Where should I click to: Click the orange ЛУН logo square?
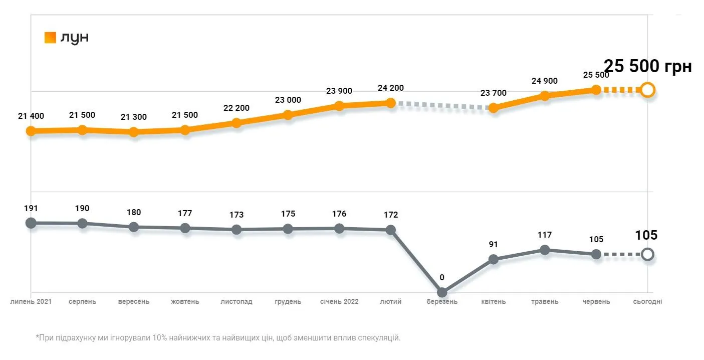(x=50, y=38)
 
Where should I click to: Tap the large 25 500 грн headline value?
(x=647, y=66)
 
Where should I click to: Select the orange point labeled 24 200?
(x=391, y=103)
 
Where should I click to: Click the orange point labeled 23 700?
(x=494, y=108)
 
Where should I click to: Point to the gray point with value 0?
(x=442, y=292)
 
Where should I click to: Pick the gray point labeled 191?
(x=31, y=223)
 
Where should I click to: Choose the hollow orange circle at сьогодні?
(x=647, y=90)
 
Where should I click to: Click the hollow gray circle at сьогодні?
(x=647, y=254)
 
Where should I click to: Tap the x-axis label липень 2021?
(x=31, y=302)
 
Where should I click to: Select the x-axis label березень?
(x=442, y=302)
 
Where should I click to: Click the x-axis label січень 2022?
(x=339, y=302)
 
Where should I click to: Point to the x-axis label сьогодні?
(x=647, y=302)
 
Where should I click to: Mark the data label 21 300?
(x=134, y=117)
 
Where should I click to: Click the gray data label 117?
(x=545, y=235)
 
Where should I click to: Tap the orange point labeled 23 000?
(x=288, y=115)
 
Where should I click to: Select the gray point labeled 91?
(x=494, y=259)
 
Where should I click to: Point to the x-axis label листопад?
(x=237, y=302)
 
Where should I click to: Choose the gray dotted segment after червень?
(x=621, y=254)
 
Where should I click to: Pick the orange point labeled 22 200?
(x=237, y=123)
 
